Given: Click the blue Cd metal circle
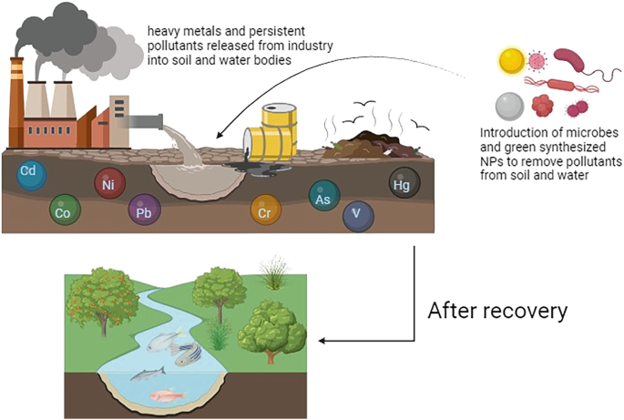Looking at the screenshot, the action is tap(32, 174).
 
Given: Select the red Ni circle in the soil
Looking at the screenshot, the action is tap(110, 183).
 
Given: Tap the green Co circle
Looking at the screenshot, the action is tap(65, 210).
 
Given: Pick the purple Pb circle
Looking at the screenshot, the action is tap(145, 210).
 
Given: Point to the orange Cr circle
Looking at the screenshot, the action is tap(266, 210).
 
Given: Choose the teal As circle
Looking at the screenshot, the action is tap(324, 195).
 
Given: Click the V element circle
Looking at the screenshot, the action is tap(358, 216).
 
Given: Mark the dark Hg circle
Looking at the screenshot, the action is tap(404, 183).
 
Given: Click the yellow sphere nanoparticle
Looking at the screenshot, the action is tap(512, 61).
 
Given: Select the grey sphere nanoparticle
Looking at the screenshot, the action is tap(510, 107).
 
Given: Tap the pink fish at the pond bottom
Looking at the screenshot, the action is tap(168, 395).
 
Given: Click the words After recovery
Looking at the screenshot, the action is tap(497, 311).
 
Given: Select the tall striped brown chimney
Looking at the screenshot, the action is tap(16, 103).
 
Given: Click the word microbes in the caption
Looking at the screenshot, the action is tap(588, 133).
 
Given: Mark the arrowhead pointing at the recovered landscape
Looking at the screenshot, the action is tap(323, 341).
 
